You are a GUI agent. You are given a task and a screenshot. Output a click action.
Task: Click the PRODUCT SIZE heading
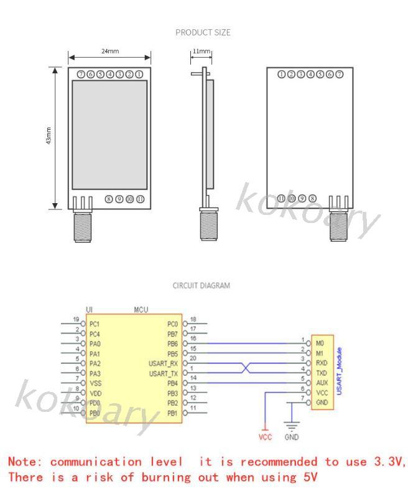pyautogui.click(x=203, y=32)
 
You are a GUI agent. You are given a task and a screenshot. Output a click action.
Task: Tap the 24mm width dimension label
pyautogui.click(x=109, y=51)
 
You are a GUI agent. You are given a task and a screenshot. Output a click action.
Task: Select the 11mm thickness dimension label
pyautogui.click(x=201, y=51)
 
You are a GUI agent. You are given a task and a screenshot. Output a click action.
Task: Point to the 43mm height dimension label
pyautogui.click(x=49, y=137)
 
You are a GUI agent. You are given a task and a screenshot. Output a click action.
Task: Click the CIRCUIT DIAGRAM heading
pyautogui.click(x=201, y=286)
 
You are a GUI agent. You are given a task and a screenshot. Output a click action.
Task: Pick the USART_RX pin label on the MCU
pyautogui.click(x=163, y=363)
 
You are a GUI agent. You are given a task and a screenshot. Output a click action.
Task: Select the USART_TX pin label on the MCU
pyautogui.click(x=163, y=373)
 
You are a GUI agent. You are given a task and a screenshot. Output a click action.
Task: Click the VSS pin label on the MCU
pyautogui.click(x=95, y=383)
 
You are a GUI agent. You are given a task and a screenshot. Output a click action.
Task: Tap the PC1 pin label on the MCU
pyautogui.click(x=95, y=324)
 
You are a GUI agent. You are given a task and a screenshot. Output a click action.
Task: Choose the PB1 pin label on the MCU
pyautogui.click(x=172, y=413)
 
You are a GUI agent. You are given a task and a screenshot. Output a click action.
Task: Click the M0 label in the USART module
pyautogui.click(x=320, y=342)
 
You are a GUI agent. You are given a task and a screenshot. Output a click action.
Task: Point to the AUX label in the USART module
pyautogui.click(x=321, y=383)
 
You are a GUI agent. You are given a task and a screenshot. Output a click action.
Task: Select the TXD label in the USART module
pyautogui.click(x=321, y=373)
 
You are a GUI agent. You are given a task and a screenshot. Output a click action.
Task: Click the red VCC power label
pyautogui.click(x=266, y=437)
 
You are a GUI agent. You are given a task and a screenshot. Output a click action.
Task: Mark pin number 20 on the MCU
pyautogui.click(x=193, y=358)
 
